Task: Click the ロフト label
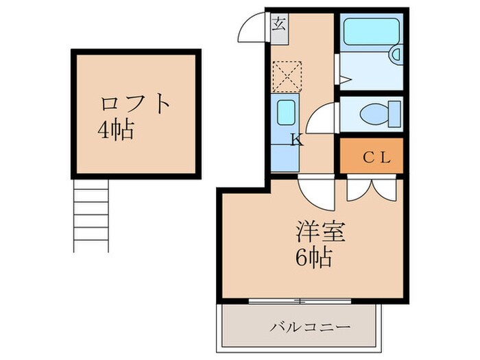(x=134, y=105)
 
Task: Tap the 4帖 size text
(x=115, y=130)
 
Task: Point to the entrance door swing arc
(x=250, y=29)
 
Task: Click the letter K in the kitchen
(x=296, y=141)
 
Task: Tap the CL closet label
(x=376, y=158)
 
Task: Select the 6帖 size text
(x=315, y=259)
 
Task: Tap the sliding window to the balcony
(x=299, y=300)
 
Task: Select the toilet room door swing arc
(x=320, y=121)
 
